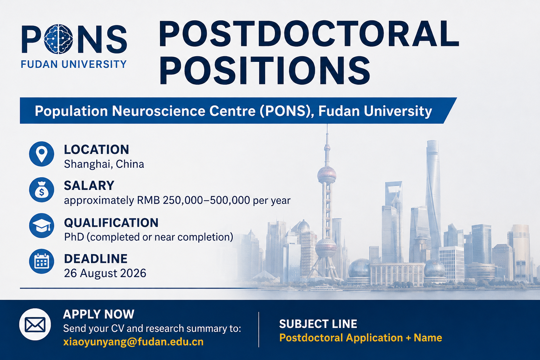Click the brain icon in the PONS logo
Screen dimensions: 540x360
pyautogui.click(x=59, y=39)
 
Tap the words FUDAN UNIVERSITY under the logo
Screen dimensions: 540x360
pyautogui.click(x=74, y=64)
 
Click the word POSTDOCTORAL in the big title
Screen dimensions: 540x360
pyautogui.click(x=309, y=34)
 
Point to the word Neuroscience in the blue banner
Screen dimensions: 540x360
pyautogui.click(x=184, y=111)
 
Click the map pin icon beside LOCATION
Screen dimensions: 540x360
pyautogui.click(x=41, y=154)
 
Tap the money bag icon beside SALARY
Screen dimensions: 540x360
pyautogui.click(x=41, y=190)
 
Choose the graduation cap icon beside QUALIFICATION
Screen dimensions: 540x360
pyautogui.click(x=41, y=226)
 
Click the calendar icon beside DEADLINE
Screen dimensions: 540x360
pyautogui.click(x=41, y=261)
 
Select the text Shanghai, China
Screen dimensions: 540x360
pyautogui.click(x=104, y=165)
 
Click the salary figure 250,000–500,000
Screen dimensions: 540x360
pyautogui.click(x=206, y=200)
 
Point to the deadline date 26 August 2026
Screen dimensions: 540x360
pyautogui.click(x=105, y=274)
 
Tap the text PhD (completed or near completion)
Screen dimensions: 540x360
pyautogui.click(x=148, y=237)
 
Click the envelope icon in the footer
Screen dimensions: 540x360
pyautogui.click(x=35, y=324)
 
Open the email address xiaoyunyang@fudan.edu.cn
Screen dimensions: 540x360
pyautogui.click(x=133, y=342)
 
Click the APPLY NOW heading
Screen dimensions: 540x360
pyautogui.click(x=98, y=314)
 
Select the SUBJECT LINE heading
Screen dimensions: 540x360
pyautogui.click(x=318, y=324)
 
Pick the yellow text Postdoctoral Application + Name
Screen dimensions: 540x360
pyautogui.click(x=361, y=338)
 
